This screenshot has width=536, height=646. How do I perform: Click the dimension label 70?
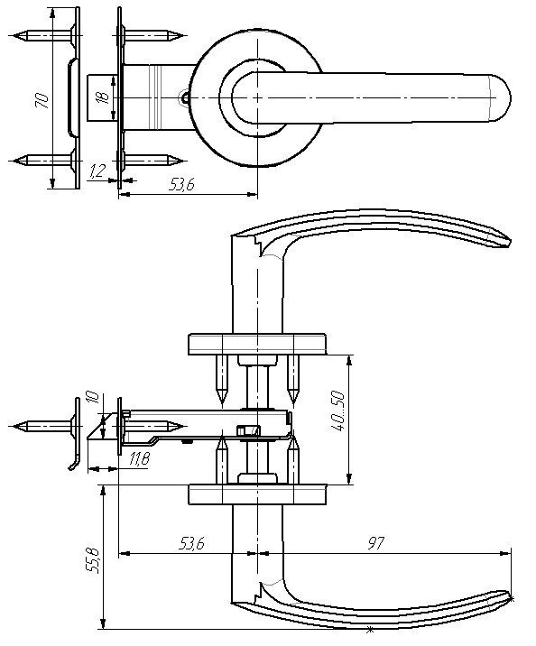42,100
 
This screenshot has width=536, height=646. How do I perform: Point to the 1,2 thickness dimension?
97,171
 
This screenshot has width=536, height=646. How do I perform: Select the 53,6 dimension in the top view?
181,185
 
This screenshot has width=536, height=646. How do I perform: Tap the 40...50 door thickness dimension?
337,411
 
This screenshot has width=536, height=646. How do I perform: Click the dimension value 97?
375,543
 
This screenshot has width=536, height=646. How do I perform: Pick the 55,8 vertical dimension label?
92,560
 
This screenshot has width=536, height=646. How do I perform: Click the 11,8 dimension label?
139,458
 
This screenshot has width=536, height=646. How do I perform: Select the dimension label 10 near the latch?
93,397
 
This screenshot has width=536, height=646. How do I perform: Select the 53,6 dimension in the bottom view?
191,544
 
